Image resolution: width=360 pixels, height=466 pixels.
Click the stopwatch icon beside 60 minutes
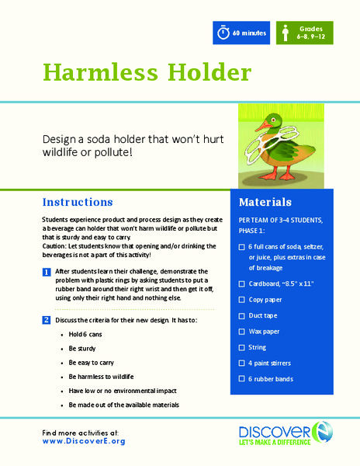(223, 33)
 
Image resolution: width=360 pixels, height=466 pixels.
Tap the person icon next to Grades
(286, 33)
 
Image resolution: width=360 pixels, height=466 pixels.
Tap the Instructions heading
(78, 203)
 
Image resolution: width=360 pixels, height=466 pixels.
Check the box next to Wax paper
(242, 332)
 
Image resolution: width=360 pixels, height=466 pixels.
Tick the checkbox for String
(242, 347)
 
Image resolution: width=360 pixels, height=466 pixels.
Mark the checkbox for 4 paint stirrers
(242, 363)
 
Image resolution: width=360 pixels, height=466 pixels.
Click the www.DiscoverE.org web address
(84, 440)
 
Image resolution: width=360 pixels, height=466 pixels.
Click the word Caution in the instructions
(56, 246)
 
